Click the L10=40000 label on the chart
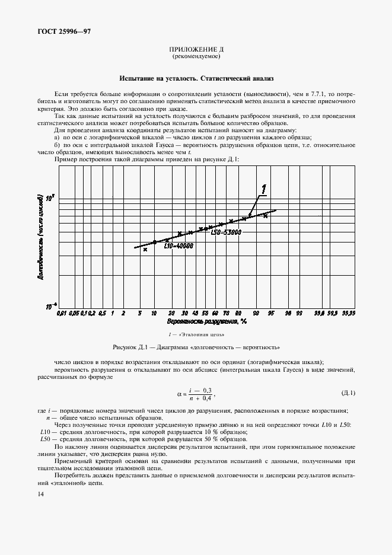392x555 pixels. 179,245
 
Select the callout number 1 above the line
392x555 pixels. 262,189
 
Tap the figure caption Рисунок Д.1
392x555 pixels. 195,346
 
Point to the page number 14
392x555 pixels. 40,494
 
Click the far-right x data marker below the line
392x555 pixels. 266,216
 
